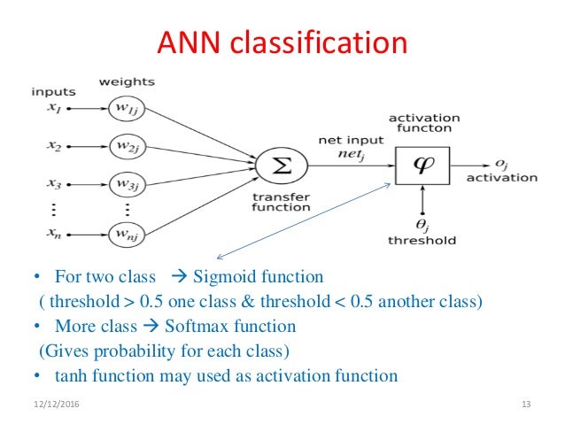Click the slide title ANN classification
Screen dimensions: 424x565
coord(282,42)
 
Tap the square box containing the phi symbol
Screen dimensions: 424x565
coord(422,163)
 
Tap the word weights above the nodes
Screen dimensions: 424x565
coord(128,81)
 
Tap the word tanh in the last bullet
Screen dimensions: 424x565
coord(71,375)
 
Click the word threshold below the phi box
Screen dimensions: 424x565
coord(422,240)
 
